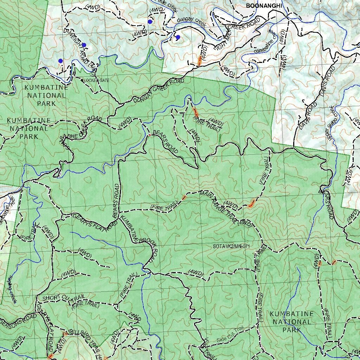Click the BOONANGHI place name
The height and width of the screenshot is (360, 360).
(264, 6)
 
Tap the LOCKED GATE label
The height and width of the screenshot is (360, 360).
(97, 81)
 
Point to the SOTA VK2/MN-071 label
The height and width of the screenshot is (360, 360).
(231, 246)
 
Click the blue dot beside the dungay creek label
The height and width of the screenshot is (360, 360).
(178, 37)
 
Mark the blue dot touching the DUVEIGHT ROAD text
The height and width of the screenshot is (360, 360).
(84, 45)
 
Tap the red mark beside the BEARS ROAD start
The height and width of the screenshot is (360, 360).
(149, 135)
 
